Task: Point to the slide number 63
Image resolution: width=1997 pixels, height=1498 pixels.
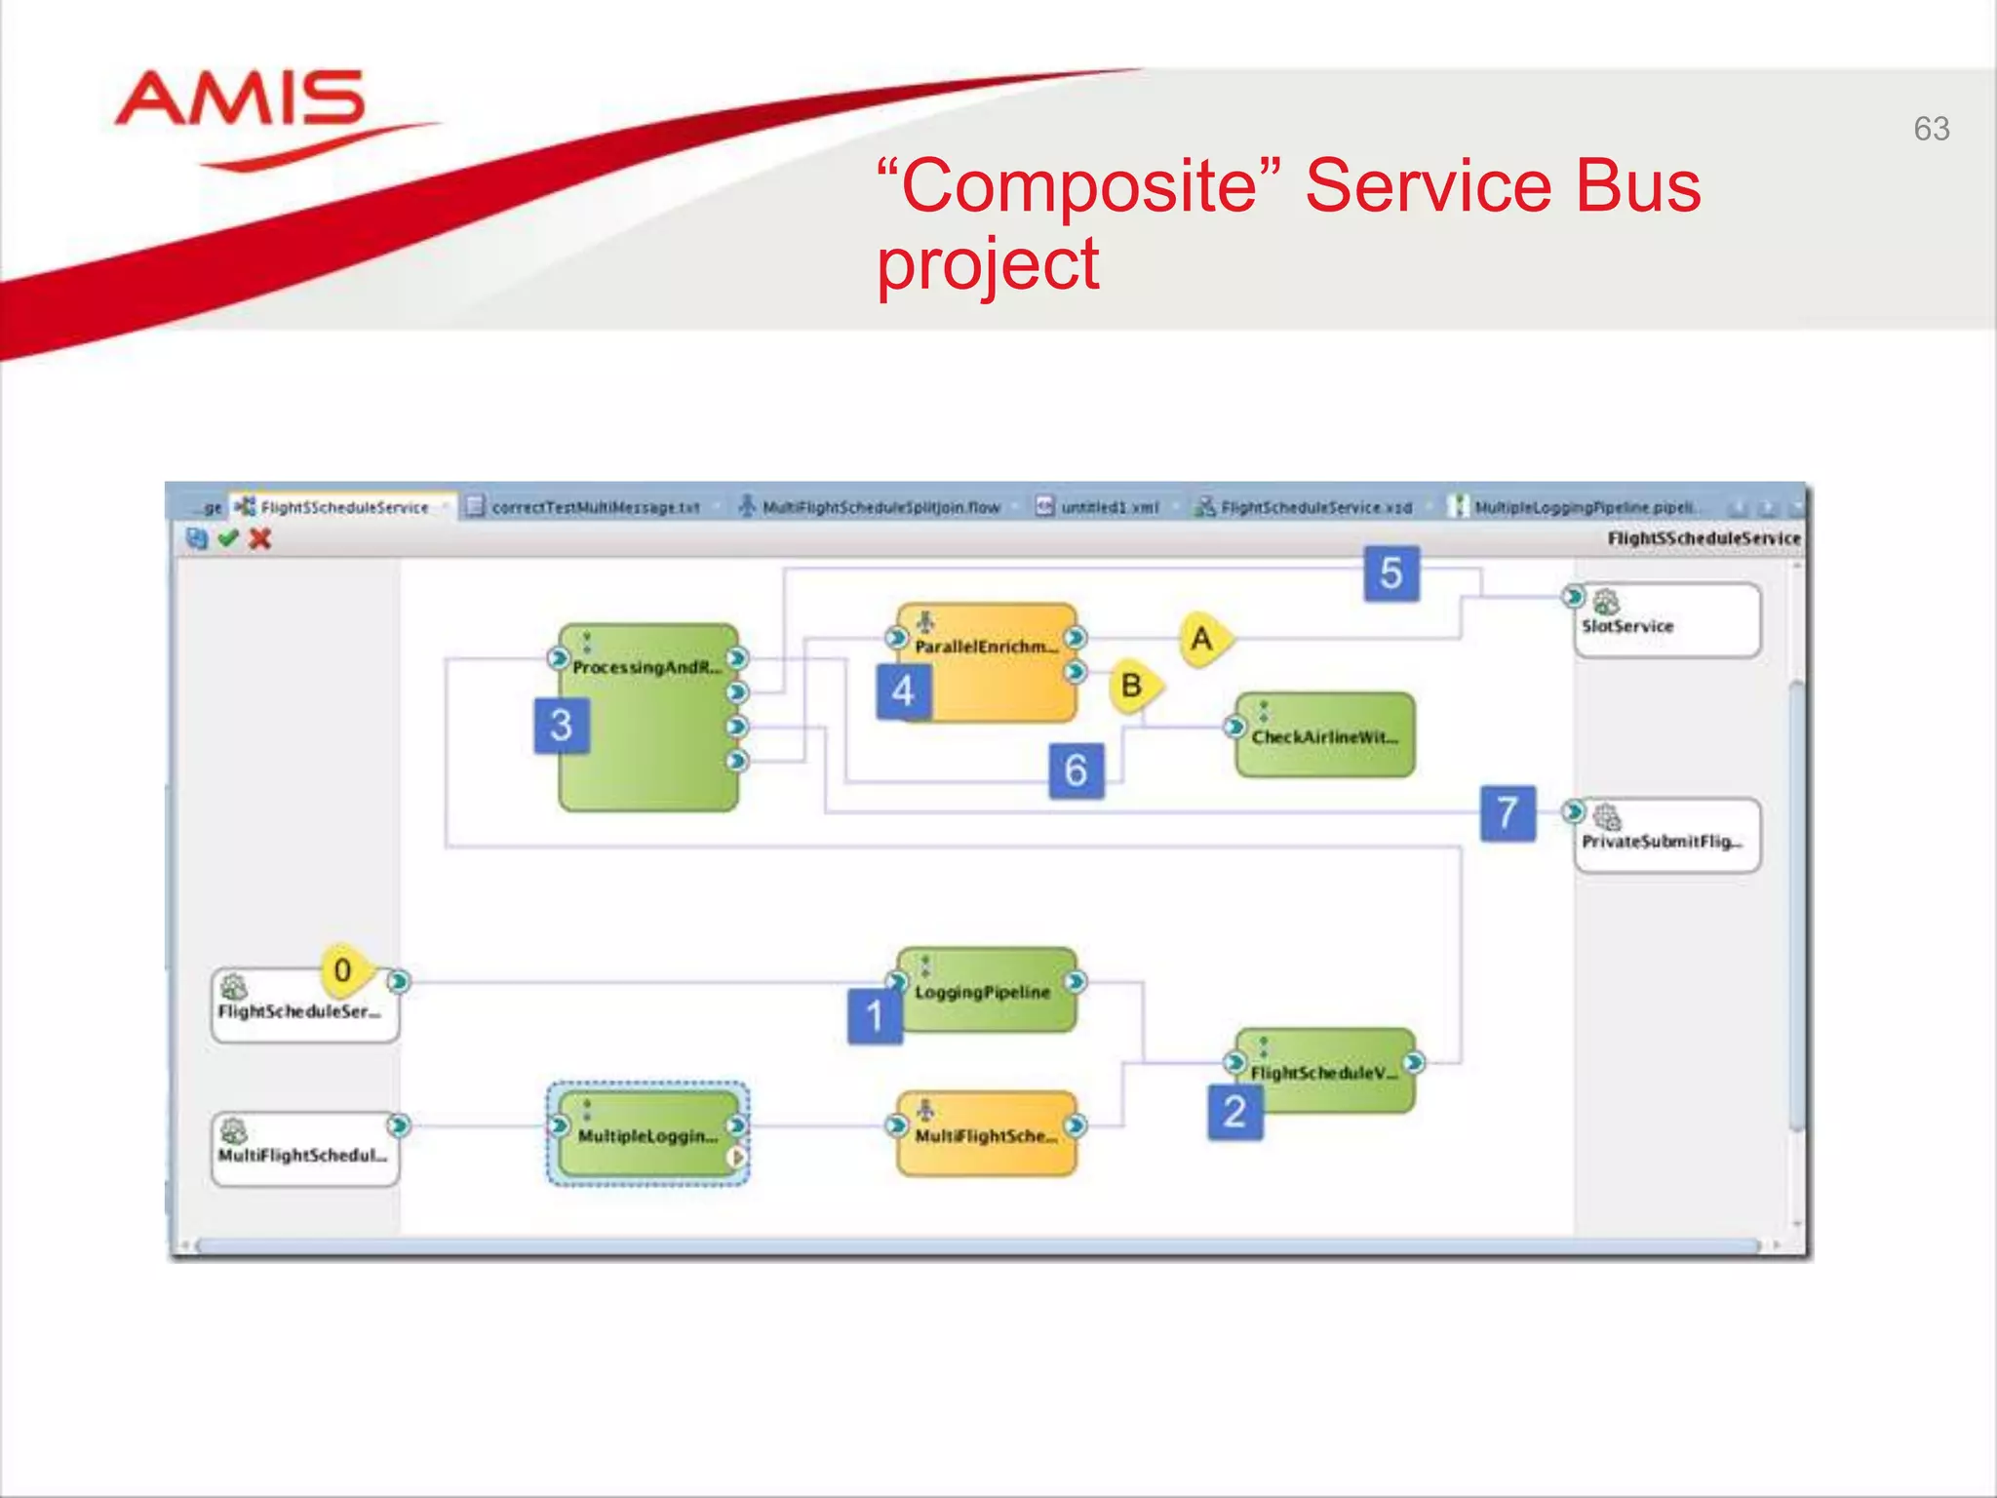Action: point(1931,129)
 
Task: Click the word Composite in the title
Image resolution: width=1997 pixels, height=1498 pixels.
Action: point(1081,186)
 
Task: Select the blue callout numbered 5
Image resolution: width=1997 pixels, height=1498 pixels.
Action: point(1390,573)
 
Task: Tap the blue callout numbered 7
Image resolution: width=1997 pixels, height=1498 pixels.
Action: point(1508,812)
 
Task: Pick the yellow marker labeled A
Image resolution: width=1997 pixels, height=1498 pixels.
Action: point(1203,639)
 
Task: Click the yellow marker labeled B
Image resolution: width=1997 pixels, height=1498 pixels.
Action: point(1133,686)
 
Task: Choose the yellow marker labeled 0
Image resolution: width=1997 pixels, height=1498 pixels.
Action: point(343,970)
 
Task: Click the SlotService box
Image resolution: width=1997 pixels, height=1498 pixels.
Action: point(1666,621)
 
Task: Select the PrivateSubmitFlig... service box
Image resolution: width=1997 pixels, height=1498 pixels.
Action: point(1666,836)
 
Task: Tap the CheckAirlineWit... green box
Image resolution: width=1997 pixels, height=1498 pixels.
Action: point(1324,736)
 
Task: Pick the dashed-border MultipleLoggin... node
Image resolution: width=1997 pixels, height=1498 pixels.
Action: point(647,1134)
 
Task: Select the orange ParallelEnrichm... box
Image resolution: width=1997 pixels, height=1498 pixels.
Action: point(987,663)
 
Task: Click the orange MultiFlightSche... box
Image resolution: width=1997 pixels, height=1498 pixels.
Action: point(987,1134)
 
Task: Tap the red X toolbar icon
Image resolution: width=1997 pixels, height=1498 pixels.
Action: point(259,538)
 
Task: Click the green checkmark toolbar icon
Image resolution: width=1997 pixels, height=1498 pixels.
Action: point(228,538)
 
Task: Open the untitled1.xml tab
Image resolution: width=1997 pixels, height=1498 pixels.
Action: point(1109,507)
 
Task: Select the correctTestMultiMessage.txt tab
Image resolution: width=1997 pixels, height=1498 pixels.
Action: point(595,507)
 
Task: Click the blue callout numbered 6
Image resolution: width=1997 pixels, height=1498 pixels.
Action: point(1076,770)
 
